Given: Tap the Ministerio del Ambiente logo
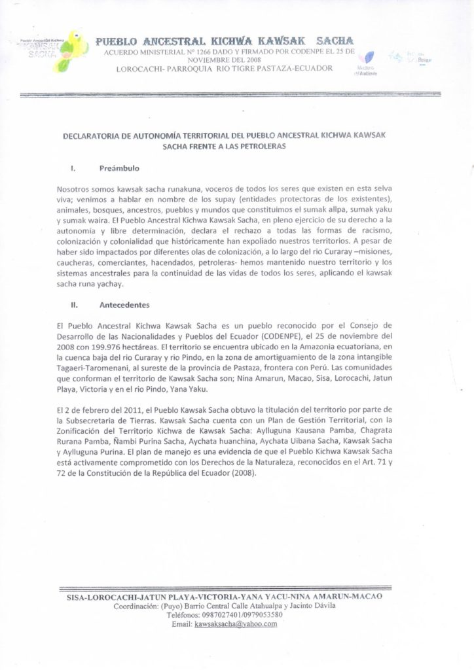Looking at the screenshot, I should tap(369, 62).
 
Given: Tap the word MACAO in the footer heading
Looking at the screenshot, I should tap(369, 597).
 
